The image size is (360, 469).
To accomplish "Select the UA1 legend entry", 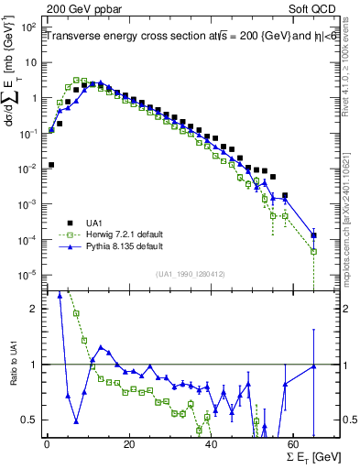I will click(100, 223).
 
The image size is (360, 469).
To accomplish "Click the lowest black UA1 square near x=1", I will click(50, 165).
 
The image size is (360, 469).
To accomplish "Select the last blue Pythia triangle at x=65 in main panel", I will click(314, 234).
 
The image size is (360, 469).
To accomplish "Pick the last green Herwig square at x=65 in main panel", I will click(314, 251).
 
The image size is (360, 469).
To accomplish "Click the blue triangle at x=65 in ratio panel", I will click(314, 366).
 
